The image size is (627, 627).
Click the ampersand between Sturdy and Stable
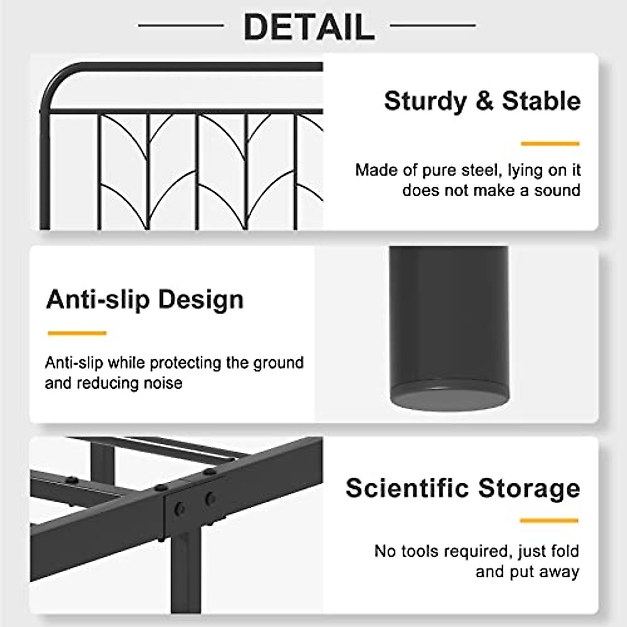click(484, 101)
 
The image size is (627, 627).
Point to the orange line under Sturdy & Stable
click(550, 143)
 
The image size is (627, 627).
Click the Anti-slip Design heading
click(145, 300)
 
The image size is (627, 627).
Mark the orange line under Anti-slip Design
click(77, 333)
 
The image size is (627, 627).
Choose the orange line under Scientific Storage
click(549, 520)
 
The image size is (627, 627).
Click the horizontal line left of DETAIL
click(181, 25)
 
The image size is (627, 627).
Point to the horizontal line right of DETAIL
click(433, 25)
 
